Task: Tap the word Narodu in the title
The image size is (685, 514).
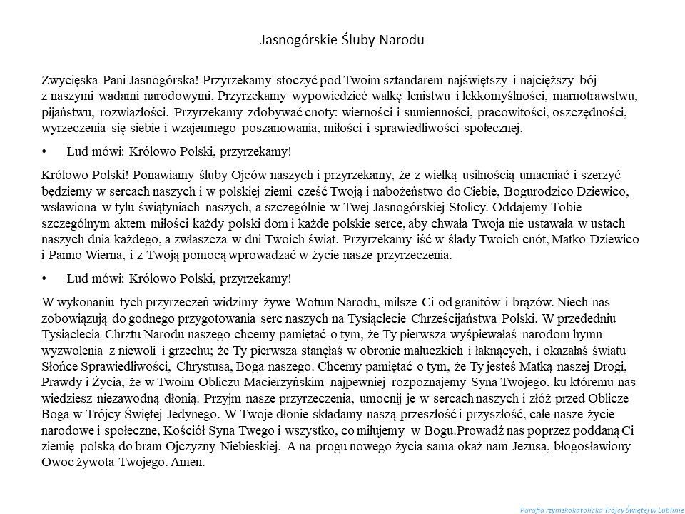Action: (399, 39)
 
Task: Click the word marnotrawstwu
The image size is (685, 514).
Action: (597, 94)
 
